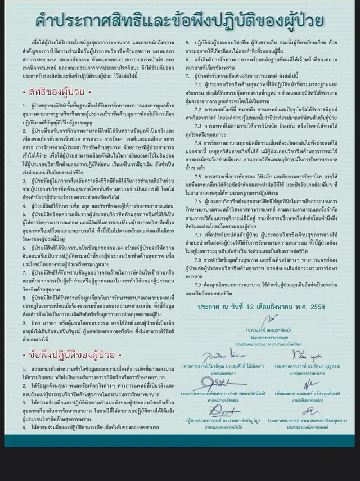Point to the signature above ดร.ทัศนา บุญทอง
point(299,356)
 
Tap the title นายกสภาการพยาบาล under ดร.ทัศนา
point(298,373)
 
